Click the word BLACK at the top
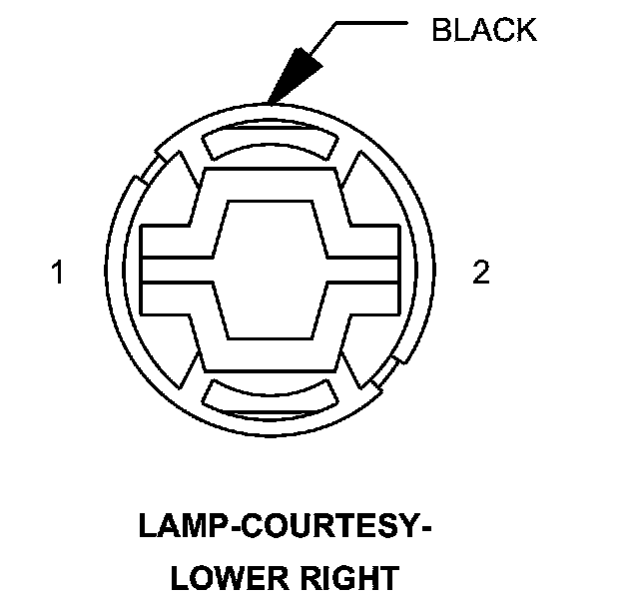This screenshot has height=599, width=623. pyautogui.click(x=483, y=30)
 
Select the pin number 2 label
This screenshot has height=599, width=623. pyautogui.click(x=481, y=273)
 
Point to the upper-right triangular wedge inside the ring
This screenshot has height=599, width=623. pyautogui.click(x=358, y=190)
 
